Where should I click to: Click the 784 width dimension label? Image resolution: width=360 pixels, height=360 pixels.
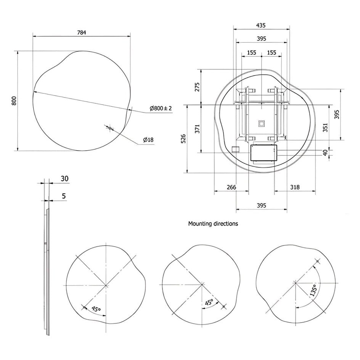pos(82,32)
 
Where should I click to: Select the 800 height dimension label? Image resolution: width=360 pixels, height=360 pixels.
pos(14,101)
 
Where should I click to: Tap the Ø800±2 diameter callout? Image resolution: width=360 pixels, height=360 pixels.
pos(161,108)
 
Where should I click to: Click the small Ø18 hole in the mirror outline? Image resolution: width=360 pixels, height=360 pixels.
pos(110,128)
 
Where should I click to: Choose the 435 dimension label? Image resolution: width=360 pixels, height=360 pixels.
pos(261,25)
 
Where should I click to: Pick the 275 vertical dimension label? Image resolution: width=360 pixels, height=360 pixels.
pos(197,87)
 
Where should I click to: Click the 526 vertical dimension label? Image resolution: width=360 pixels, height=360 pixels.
pos(183,139)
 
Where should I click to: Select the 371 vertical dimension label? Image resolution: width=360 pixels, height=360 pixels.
pos(197,129)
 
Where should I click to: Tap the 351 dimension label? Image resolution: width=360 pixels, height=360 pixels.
pos(325,127)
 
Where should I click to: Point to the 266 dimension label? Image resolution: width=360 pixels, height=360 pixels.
pos(231,187)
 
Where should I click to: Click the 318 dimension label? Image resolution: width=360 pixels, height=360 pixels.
pos(295,187)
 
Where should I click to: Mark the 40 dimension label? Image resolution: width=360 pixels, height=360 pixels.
pos(325,153)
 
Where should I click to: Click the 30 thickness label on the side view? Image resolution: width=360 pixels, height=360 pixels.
pos(65,178)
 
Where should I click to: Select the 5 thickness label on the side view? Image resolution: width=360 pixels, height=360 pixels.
pos(64,196)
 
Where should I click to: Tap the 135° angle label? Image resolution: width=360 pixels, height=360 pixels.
pos(313,290)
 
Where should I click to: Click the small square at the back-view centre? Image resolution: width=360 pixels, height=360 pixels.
pos(262,124)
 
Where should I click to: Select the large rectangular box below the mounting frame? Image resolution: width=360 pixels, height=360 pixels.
pos(264,153)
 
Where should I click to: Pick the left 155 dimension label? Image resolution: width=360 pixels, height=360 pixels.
pos(252,53)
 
